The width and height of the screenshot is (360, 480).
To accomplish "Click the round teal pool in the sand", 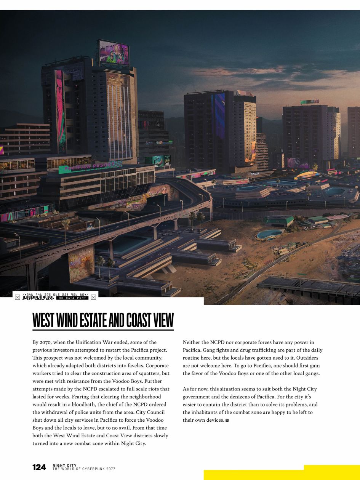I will point(270,234).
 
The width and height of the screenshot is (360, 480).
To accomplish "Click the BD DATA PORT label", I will point(72,298).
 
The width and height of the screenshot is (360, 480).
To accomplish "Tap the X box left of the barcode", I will point(18,297).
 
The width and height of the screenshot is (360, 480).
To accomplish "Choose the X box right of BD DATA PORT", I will point(93,297).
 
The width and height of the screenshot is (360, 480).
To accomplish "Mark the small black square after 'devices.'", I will point(227,420).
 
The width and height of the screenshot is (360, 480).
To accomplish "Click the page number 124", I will point(39,467).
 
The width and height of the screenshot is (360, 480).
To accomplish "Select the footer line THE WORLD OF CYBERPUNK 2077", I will point(84,469).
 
